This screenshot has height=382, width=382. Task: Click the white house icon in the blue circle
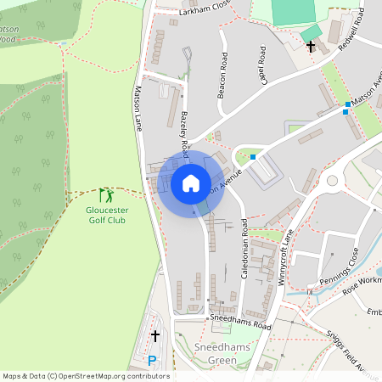[191, 183]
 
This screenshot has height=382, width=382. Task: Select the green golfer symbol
[105, 194]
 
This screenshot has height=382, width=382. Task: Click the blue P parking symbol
[152, 361]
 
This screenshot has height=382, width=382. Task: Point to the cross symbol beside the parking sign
[154, 336]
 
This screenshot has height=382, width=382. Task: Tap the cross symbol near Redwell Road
[311, 46]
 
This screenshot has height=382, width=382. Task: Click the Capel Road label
[263, 65]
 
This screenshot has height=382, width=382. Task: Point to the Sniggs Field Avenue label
[357, 353]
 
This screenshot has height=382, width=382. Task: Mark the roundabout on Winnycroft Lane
[332, 180]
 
